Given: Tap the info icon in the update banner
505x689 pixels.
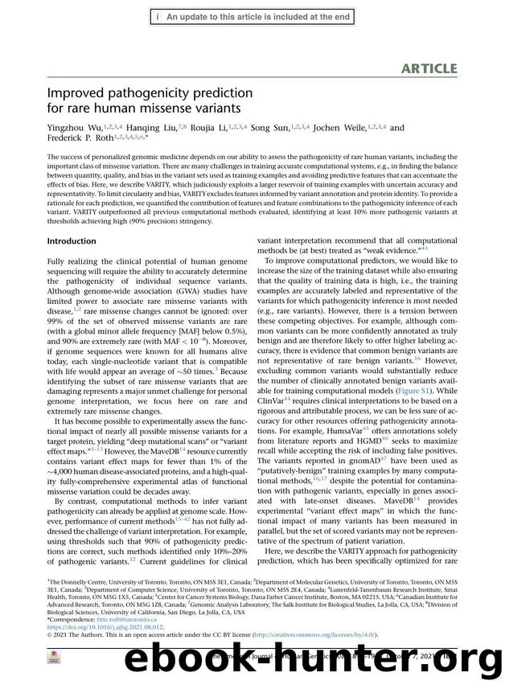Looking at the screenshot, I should (x=158, y=15).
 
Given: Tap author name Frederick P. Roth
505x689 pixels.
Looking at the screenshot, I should (x=80, y=138).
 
